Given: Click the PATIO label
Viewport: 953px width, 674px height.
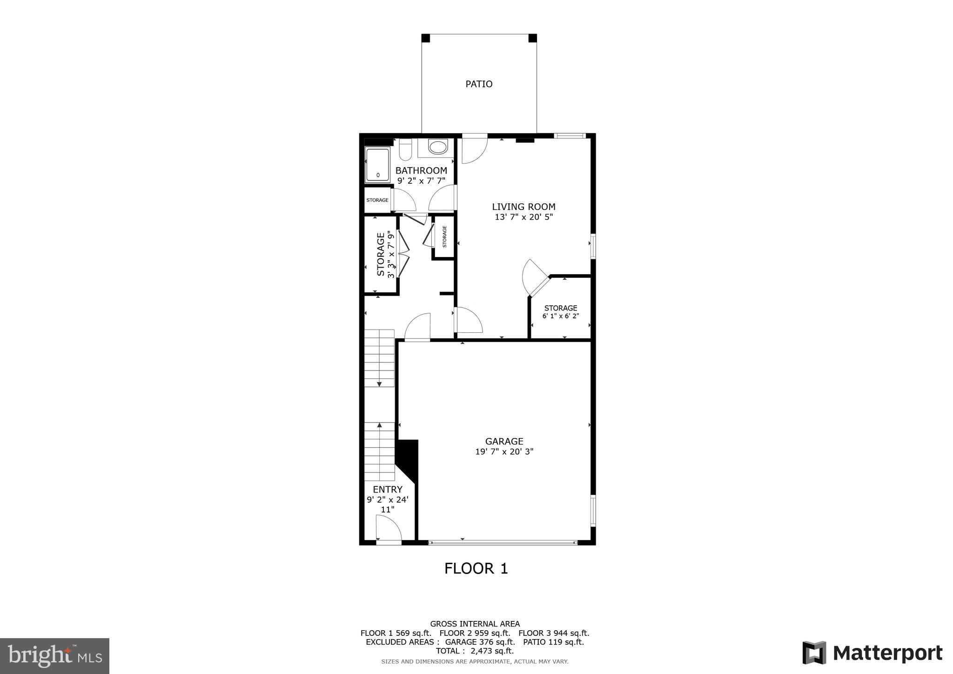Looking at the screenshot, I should pos(479,84).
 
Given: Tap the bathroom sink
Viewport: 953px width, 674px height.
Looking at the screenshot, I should pos(437,148).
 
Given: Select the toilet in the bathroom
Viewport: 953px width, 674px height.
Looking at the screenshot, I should pos(405,150).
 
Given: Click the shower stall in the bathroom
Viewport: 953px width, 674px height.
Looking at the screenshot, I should pos(377,165).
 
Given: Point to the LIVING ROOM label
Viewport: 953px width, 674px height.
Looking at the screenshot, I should pos(523,207).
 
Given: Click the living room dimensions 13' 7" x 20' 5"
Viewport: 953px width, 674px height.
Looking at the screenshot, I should pos(523,217).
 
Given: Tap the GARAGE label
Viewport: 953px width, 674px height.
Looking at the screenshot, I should pos(504,441).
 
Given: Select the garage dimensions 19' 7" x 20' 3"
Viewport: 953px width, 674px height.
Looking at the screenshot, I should pos(504,452).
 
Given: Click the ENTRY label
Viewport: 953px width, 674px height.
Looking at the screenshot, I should pos(387,490).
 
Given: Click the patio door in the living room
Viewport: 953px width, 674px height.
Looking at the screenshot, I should pos(474,149).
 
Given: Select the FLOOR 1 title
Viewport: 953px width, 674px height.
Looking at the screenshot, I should pos(476,568).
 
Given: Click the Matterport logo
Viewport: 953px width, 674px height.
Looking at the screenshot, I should pos(872,653).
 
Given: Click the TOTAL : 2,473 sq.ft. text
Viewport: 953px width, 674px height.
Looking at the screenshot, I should pos(475,651).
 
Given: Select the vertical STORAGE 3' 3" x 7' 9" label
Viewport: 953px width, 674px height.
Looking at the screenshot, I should pos(385,255).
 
